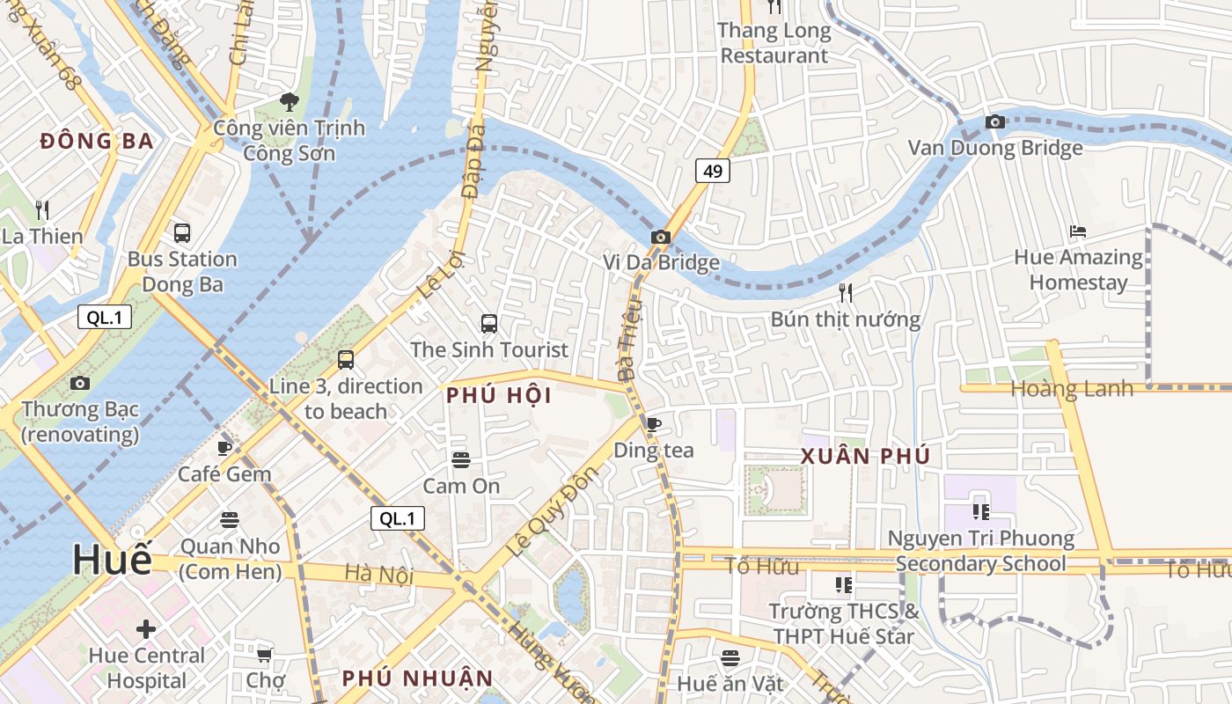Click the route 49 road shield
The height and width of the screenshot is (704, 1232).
point(713,171)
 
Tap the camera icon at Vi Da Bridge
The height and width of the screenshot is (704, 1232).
point(660,237)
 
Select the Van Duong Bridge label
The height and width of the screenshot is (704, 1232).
point(995,148)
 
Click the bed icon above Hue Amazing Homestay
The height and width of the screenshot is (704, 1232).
point(1078,232)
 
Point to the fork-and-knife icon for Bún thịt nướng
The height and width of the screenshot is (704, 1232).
point(846,293)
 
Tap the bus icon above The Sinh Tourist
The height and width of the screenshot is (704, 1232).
point(489,324)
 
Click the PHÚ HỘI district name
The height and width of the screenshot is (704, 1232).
point(499,396)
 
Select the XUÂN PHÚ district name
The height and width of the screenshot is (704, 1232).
point(865,456)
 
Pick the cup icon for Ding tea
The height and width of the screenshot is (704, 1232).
point(654,424)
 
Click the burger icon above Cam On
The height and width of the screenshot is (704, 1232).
point(460,459)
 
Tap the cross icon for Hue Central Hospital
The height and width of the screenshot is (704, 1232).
point(146,629)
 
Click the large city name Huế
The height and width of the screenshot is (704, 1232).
point(112,560)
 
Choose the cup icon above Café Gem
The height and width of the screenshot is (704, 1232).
point(224,448)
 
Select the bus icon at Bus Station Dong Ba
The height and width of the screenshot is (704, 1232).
point(182,233)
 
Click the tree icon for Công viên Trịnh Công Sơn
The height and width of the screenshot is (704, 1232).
point(289,102)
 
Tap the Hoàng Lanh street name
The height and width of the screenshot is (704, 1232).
point(1072,389)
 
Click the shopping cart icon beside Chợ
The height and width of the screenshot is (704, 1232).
point(264,655)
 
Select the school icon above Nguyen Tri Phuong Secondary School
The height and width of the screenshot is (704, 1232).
point(981,511)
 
